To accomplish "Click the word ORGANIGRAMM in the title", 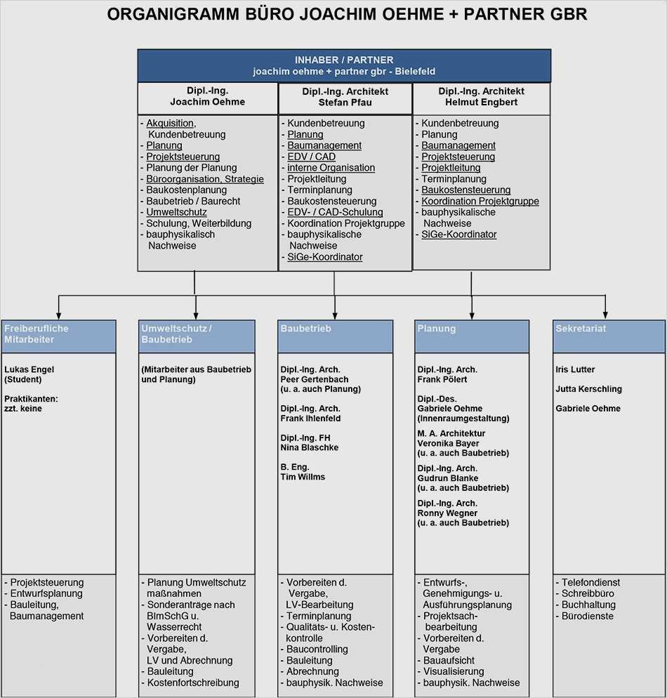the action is (173, 14).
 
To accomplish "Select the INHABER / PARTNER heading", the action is (344, 60).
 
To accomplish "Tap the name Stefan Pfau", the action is (345, 103).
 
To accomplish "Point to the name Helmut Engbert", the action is (481, 102).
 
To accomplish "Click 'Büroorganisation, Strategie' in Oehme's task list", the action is (205, 179).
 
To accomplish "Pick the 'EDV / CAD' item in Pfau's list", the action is (311, 157).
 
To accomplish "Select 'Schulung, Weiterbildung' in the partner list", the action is (199, 223).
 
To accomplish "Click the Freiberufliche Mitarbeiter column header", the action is (36, 334).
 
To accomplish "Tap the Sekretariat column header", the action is (581, 329).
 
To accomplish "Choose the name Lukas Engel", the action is (29, 369).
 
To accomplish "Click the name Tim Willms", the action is (303, 477).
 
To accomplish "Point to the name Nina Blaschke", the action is (309, 447).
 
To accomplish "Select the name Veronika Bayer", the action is (448, 443).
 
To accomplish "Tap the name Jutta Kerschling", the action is (588, 389).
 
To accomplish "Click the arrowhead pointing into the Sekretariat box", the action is (605, 315).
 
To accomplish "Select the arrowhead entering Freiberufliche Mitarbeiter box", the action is (59, 315).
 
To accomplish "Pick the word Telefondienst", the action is (590, 582).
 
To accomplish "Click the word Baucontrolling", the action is (317, 649).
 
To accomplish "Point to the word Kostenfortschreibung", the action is (193, 683).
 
